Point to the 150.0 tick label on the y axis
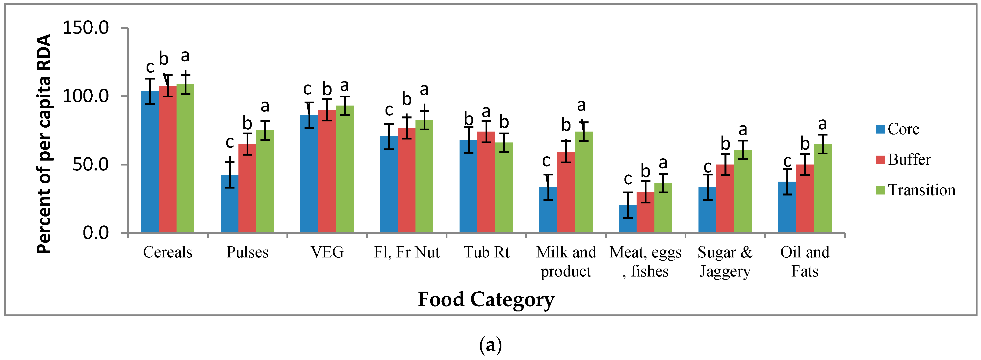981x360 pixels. coord(85,28)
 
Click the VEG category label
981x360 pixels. coord(327,252)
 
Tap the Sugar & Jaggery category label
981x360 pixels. coord(725,262)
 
